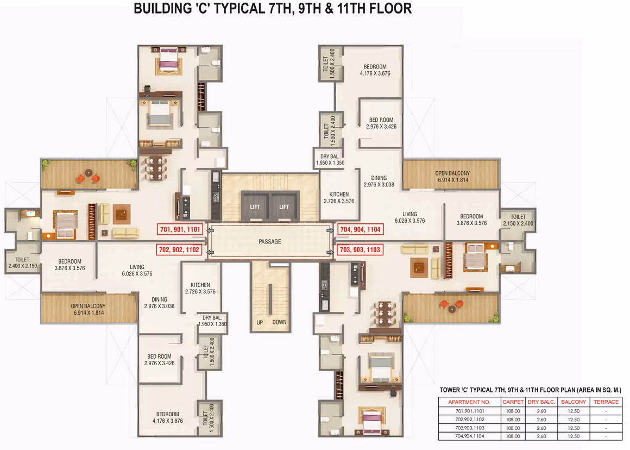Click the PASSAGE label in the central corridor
(269, 242)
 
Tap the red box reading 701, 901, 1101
(180, 230)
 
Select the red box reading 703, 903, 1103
(360, 250)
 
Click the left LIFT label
(255, 207)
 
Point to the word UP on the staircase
(260, 322)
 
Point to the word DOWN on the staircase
(279, 322)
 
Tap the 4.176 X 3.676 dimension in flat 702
(167, 421)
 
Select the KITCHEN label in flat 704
(339, 194)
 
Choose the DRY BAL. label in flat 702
(212, 318)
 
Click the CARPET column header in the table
(513, 402)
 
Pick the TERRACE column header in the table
(606, 402)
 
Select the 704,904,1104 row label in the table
(470, 436)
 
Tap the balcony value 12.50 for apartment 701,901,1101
(574, 411)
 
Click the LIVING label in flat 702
(137, 267)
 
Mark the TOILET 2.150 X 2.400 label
(518, 220)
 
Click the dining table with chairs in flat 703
(385, 313)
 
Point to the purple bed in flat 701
(169, 60)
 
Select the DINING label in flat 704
(379, 178)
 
